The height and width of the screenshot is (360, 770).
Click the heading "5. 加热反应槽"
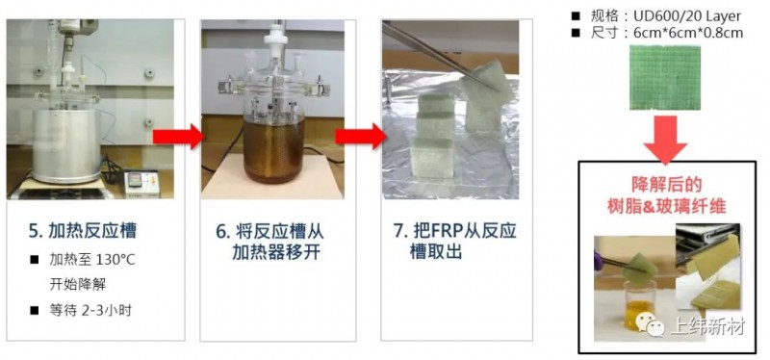(83, 231)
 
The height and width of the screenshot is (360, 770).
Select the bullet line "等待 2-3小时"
(90, 310)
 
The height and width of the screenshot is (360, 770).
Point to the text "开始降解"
(77, 284)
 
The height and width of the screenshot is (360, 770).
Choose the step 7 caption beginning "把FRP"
(454, 242)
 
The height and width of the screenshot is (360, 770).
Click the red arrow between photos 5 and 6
(178, 137)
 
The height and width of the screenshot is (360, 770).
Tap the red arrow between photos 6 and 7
(360, 137)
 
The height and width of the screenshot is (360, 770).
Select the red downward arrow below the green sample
(665, 140)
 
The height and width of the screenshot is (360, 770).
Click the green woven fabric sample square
(665, 78)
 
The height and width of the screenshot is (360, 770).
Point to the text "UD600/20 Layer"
(687, 16)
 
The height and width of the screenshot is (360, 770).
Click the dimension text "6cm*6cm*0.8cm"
(688, 33)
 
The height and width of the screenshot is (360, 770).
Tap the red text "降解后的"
(666, 184)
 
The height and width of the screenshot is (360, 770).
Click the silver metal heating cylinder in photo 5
(66, 145)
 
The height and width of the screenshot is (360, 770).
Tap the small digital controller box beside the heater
(141, 184)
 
